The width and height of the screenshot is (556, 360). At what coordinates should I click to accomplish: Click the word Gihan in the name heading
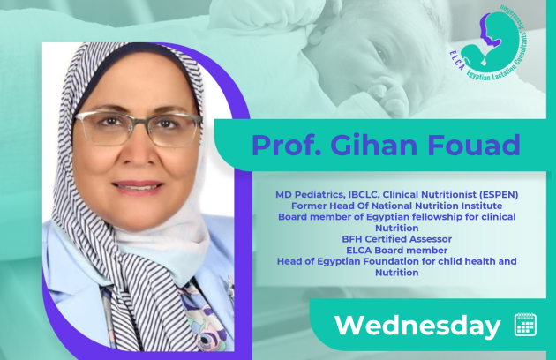[x=373, y=145]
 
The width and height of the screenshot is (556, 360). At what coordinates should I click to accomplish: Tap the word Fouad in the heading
[x=474, y=145]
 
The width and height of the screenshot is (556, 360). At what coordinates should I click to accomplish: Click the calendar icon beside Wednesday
[x=525, y=324]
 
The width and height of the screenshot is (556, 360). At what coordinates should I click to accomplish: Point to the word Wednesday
[x=417, y=326]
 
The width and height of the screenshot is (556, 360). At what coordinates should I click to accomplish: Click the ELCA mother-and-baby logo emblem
[x=489, y=41]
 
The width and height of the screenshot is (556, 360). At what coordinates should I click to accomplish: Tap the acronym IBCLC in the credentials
[x=364, y=195]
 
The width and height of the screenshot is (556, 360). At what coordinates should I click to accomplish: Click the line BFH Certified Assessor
[x=397, y=239]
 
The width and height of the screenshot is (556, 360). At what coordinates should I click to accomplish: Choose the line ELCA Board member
[x=397, y=251]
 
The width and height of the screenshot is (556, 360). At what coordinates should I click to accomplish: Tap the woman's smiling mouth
[x=137, y=185]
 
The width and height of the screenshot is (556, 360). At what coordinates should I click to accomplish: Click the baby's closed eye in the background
[x=379, y=54]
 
